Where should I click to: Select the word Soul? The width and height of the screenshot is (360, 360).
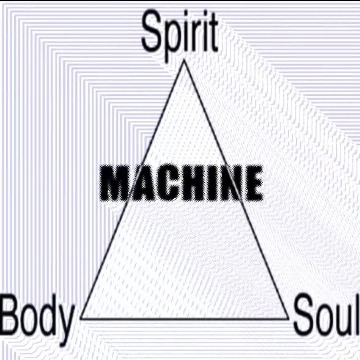[x=326, y=314]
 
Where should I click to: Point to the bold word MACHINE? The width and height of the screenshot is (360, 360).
[x=182, y=183]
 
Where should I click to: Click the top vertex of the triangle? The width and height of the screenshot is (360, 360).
[x=184, y=61]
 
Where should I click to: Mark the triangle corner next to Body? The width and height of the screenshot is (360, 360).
[x=81, y=318]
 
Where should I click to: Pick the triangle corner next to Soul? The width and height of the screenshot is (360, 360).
[x=288, y=318]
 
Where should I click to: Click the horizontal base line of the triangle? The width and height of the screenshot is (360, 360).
[x=185, y=318]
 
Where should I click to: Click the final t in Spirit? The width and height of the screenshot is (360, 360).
[x=213, y=33]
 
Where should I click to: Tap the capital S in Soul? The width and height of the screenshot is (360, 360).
[x=305, y=315]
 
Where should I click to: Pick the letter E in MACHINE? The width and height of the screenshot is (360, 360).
[x=253, y=183]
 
